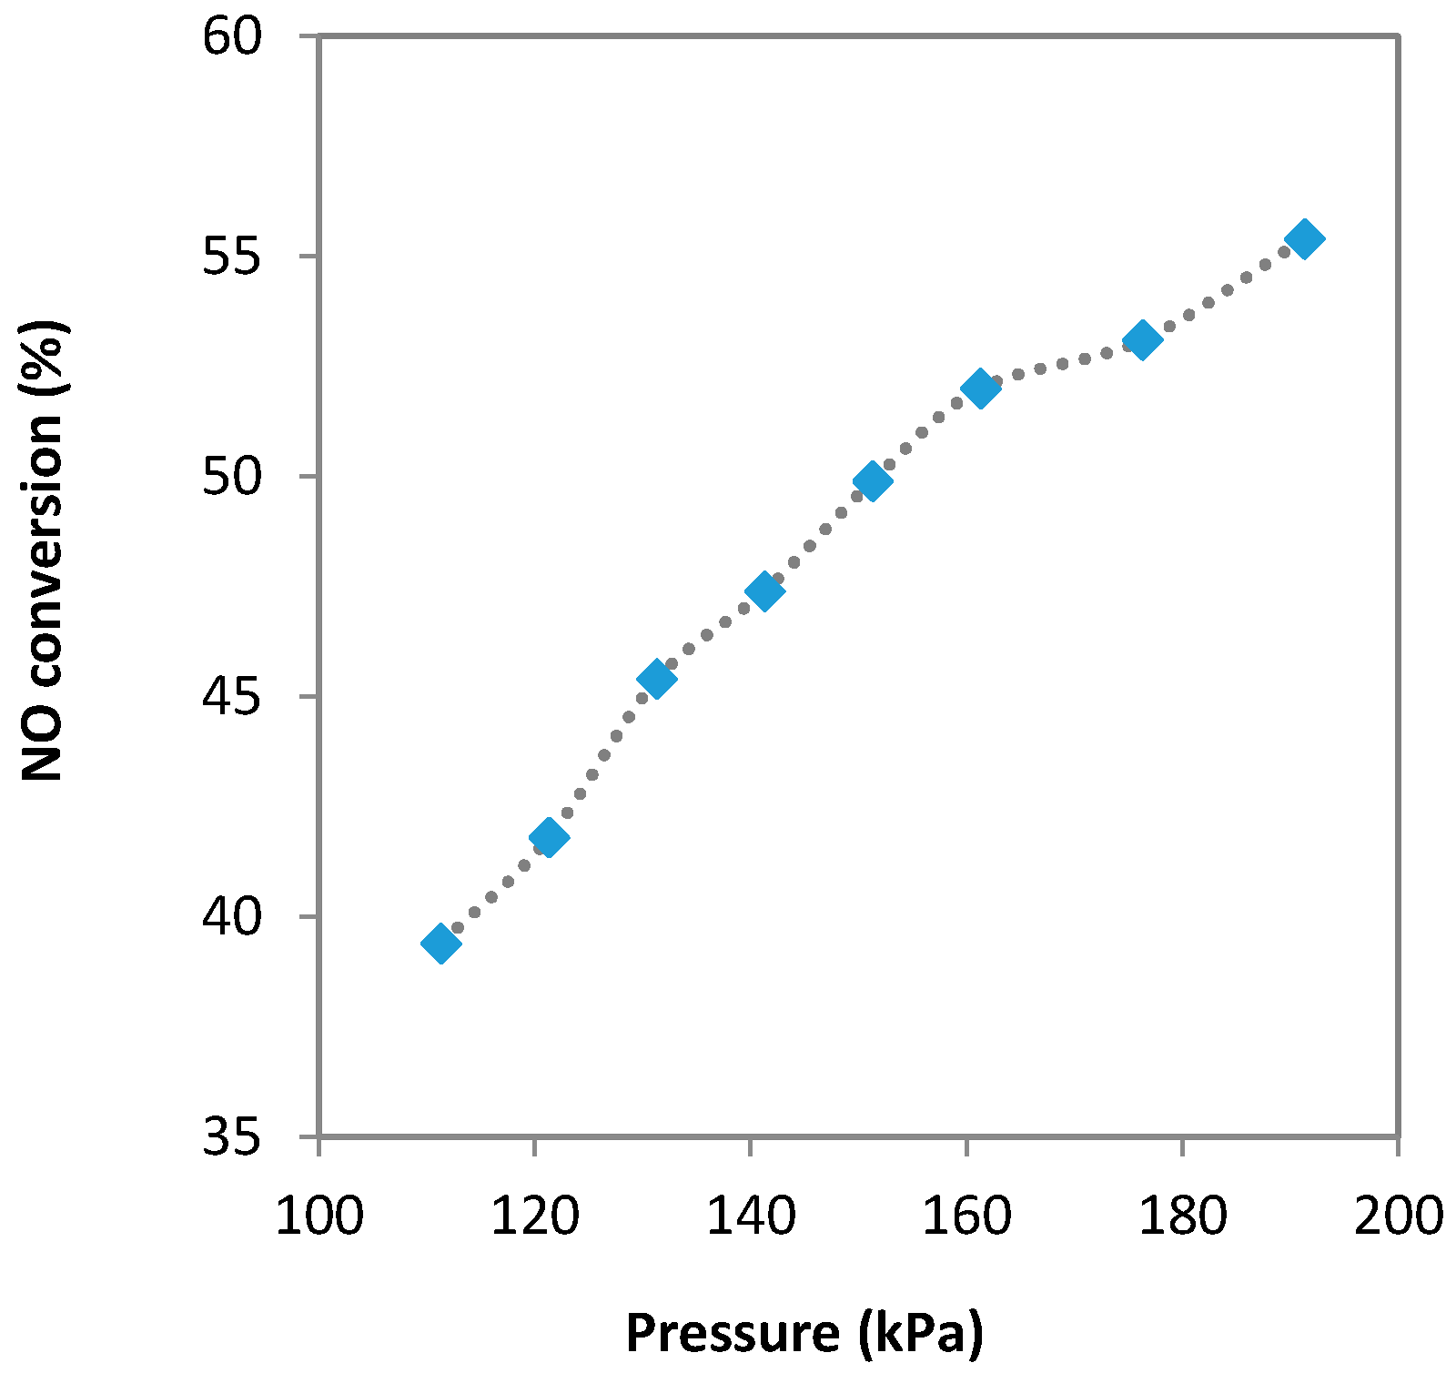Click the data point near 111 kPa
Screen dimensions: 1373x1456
441,944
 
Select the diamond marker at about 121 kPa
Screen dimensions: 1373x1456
549,836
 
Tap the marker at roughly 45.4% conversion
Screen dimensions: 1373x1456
656,678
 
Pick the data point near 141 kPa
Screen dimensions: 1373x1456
764,591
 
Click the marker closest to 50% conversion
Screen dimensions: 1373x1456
872,480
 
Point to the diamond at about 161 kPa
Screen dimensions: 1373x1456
980,389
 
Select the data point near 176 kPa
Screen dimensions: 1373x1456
1142,340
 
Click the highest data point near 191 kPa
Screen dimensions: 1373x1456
1304,239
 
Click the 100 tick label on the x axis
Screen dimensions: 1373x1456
318,1216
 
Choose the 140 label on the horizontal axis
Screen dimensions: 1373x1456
750,1216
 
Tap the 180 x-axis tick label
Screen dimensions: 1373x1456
1182,1216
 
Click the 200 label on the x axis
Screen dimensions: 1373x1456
1398,1216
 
